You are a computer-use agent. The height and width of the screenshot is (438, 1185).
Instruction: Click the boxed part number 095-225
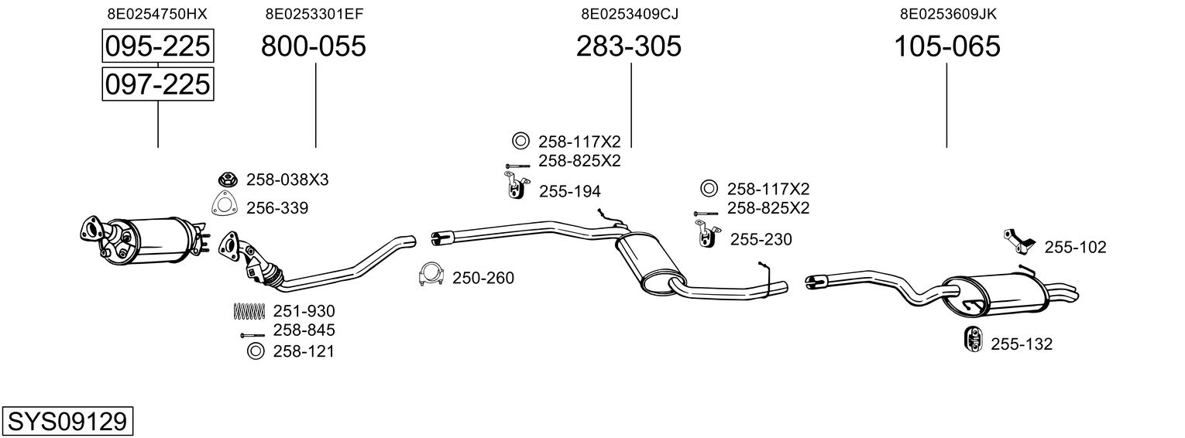158,46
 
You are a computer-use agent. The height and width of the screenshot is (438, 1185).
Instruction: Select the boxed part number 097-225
158,84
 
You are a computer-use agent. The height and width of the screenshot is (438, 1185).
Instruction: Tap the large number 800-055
313,46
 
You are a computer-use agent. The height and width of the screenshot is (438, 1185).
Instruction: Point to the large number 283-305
628,46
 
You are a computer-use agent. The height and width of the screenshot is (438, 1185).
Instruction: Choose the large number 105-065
947,46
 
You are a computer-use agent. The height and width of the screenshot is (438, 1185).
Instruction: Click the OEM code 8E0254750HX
157,14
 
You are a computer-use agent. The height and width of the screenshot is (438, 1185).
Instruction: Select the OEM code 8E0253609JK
948,14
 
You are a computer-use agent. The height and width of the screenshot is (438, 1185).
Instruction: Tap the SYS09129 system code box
67,421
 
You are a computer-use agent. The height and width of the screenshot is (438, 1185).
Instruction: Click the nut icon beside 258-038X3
228,180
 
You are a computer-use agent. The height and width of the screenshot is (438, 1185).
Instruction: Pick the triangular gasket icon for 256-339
225,205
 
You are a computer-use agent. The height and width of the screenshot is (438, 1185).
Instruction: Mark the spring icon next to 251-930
249,311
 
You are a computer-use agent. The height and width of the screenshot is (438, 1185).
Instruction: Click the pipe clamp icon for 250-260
431,275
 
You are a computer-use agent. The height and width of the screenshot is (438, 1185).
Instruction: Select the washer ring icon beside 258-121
256,351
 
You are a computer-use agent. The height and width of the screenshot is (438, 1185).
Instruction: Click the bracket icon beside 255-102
1019,243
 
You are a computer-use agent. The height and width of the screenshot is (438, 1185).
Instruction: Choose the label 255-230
761,239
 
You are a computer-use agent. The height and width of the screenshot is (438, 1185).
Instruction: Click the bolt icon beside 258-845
252,335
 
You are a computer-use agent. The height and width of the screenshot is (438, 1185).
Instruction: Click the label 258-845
304,330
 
